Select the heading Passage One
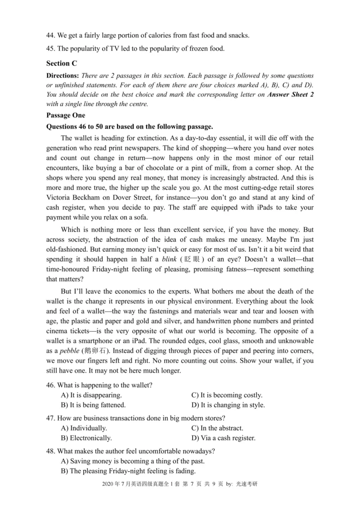(66, 115)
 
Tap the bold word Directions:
(63, 76)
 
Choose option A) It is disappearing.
(91, 395)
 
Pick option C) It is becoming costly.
(227, 395)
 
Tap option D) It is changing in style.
(228, 405)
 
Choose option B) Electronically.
(86, 438)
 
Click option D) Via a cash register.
(223, 438)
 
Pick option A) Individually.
(84, 428)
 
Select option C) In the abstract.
(217, 428)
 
